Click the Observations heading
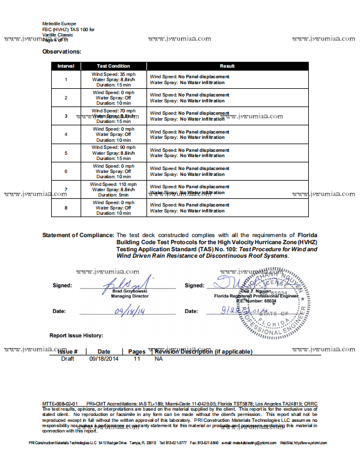click(62, 52)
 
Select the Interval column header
click(66, 66)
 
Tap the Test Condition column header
click(114, 66)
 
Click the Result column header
click(227, 66)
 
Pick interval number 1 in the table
click(66, 79)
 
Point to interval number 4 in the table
click(66, 135)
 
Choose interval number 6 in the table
click(66, 171)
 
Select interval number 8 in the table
click(66, 208)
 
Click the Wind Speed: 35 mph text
click(114, 74)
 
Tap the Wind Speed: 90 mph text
click(114, 147)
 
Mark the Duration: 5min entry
click(114, 195)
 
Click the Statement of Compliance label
click(78, 235)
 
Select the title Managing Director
click(130, 297)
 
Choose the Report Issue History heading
click(76, 335)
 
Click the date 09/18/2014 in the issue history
click(104, 358)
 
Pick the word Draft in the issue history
click(68, 358)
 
